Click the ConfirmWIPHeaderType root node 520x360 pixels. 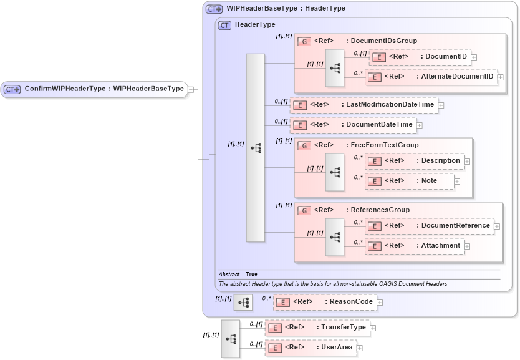(94, 89)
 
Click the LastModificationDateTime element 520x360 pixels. (364, 105)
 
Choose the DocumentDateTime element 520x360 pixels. (354, 125)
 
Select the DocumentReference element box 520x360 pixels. (429, 225)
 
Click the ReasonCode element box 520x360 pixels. (325, 302)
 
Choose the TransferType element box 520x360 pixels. (317, 327)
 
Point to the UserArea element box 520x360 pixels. (311, 348)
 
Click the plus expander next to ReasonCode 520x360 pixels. (380, 303)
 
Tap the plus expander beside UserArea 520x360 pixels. (359, 348)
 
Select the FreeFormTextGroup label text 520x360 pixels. (384, 145)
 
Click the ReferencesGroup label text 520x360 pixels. (380, 210)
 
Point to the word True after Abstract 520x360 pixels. (251, 274)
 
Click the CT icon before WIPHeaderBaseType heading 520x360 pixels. (214, 9)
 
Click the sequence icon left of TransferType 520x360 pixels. (231, 338)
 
